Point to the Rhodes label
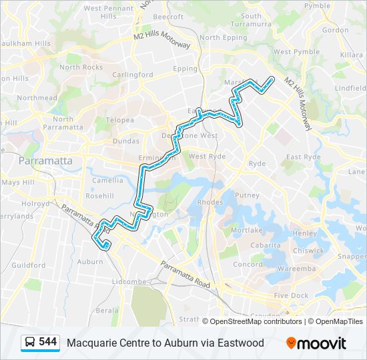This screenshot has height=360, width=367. [x=210, y=202]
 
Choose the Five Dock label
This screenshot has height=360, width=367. [x=291, y=295]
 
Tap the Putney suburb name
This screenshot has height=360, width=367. [x=247, y=195]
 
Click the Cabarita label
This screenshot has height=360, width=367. [x=265, y=245]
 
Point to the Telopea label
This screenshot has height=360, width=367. [x=120, y=120]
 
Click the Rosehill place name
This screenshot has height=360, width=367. [x=100, y=196]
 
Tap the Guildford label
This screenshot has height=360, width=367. [x=28, y=265]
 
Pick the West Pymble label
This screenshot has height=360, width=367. [x=292, y=51]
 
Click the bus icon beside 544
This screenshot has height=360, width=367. [x=30, y=343]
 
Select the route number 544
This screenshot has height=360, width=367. [x=47, y=342]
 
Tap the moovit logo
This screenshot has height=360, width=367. [x=316, y=343]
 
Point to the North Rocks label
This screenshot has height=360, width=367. [x=81, y=67]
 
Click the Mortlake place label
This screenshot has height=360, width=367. [x=246, y=230]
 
